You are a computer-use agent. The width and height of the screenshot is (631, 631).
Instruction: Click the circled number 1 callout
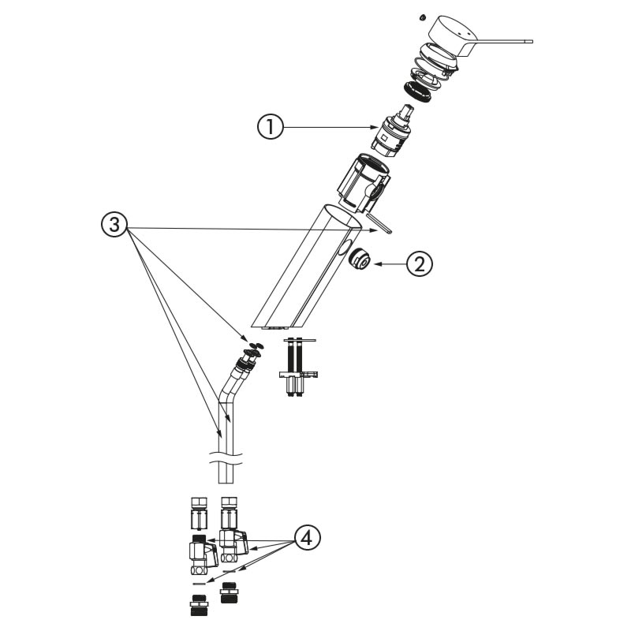[x=271, y=127]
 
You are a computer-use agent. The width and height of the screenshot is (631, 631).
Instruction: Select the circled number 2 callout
[x=420, y=264]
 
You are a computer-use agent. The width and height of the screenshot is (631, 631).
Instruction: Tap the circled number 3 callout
[x=114, y=224]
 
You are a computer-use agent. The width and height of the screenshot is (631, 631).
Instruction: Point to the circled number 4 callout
[x=308, y=538]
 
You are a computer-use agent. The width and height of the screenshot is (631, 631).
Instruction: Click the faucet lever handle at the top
[x=475, y=37]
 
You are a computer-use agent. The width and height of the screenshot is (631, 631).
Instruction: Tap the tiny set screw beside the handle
[x=422, y=17]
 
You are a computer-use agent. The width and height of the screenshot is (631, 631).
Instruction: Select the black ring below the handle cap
[x=417, y=91]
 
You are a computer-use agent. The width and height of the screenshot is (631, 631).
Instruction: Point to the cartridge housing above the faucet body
[x=363, y=182]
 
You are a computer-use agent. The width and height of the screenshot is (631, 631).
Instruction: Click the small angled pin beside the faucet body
[x=379, y=223]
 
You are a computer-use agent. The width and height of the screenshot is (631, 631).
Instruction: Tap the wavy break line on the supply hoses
[x=226, y=459]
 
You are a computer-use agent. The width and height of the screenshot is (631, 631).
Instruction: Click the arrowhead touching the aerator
[x=378, y=264]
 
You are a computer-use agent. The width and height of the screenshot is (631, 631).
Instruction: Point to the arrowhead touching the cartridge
[x=373, y=128]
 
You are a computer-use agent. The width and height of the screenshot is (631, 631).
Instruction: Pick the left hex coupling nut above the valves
[x=199, y=513]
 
